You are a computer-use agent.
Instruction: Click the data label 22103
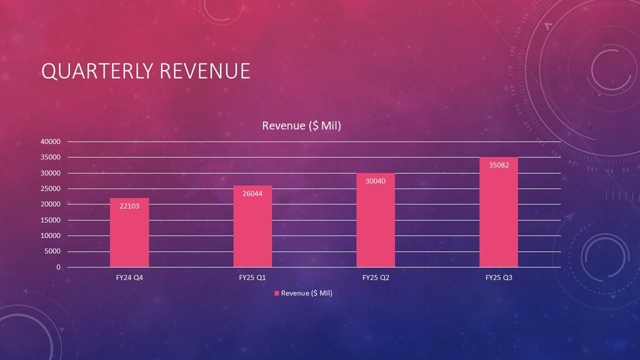tap(129, 206)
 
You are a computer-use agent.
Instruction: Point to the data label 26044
tap(252, 194)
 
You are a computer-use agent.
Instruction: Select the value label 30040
tap(376, 181)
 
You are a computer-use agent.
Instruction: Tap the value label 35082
tap(499, 165)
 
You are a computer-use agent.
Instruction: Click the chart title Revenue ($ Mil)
tap(301, 126)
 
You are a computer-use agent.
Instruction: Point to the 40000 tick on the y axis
tap(51, 142)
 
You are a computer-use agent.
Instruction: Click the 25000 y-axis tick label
tap(51, 189)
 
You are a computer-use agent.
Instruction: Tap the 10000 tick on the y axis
tap(51, 236)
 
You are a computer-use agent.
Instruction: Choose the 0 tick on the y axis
tap(59, 267)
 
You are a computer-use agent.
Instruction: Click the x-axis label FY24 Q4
tap(129, 277)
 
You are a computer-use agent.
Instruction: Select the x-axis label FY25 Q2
tap(376, 277)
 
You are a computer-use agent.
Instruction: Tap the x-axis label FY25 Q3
tap(499, 277)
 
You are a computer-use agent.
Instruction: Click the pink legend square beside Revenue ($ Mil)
tap(277, 293)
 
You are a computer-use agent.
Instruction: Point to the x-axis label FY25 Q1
tap(252, 277)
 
